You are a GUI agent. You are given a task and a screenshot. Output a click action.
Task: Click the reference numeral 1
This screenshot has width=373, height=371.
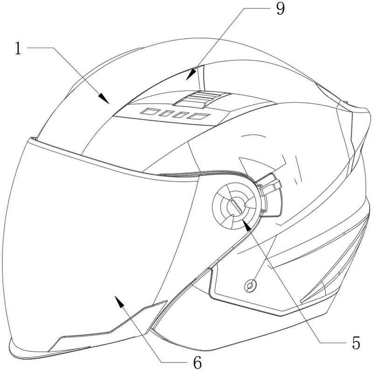(18, 49)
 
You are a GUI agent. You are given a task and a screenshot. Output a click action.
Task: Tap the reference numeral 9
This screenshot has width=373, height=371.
(281, 9)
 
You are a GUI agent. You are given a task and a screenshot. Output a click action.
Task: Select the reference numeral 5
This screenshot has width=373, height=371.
(356, 343)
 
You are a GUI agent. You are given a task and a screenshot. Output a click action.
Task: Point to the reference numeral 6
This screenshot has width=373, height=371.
(197, 363)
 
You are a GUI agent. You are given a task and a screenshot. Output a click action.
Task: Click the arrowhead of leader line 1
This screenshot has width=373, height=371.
(104, 98)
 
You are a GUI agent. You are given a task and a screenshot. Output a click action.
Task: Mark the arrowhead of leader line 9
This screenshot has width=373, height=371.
(191, 74)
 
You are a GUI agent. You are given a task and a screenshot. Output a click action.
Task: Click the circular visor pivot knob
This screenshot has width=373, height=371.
(237, 206)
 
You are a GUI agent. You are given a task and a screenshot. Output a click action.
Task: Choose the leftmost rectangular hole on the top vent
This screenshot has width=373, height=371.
(150, 111)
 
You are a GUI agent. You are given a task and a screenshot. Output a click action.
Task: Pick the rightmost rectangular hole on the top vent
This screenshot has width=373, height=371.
(199, 116)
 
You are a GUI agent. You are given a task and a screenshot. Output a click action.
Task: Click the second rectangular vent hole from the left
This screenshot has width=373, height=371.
(166, 113)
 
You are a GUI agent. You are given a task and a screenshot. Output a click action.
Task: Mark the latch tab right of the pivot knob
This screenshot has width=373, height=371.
(269, 184)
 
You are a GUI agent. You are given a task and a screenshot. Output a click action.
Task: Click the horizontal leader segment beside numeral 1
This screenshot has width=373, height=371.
(40, 48)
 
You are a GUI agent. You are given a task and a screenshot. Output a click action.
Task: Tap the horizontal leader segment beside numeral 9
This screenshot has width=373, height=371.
(257, 8)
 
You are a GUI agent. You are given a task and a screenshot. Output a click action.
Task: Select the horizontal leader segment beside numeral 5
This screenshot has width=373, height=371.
(332, 343)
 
